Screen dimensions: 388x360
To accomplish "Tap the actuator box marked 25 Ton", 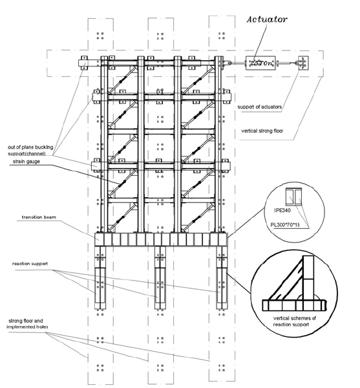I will pos(261,63).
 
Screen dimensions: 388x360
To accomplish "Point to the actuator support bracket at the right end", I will pos(302,63).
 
